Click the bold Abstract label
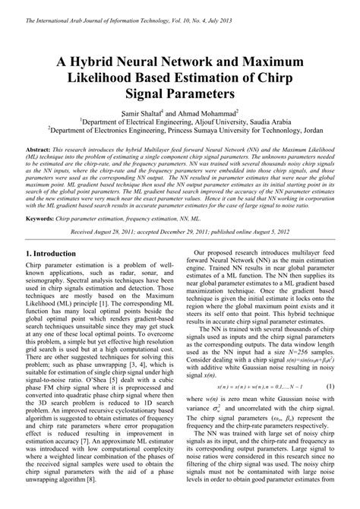38,150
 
